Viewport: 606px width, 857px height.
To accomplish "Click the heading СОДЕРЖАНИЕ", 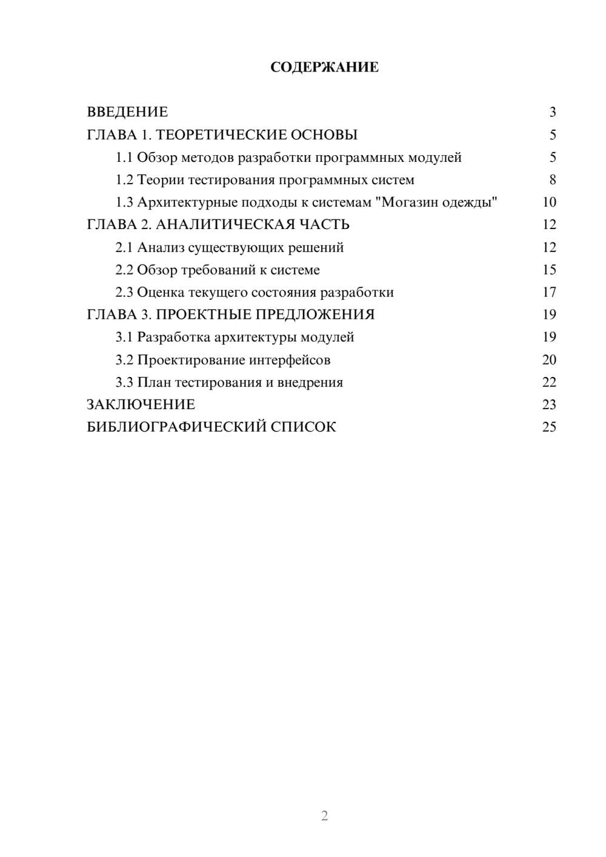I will pyautogui.click(x=324, y=67).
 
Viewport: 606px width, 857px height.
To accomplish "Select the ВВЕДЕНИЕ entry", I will pyautogui.click(x=127, y=112).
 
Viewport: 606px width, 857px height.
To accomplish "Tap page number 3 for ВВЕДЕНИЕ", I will pyautogui.click(x=552, y=112).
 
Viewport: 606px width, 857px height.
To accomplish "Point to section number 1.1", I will pyautogui.click(x=124, y=158).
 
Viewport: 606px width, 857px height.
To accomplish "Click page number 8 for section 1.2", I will pyautogui.click(x=552, y=180).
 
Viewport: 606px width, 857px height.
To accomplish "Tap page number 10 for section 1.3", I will pyautogui.click(x=549, y=202).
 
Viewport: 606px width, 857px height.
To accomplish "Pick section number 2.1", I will pyautogui.click(x=124, y=247).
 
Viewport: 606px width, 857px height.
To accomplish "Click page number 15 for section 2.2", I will pyautogui.click(x=549, y=270).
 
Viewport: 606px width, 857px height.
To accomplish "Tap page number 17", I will pyautogui.click(x=549, y=293).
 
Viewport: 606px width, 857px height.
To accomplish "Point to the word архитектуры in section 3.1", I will pyautogui.click(x=256, y=337).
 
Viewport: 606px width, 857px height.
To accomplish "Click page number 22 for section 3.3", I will pyautogui.click(x=549, y=382).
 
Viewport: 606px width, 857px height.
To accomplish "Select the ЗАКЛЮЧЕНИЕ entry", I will pyautogui.click(x=141, y=404).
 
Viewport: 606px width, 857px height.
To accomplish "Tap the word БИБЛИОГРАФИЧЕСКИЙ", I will pyautogui.click(x=176, y=427).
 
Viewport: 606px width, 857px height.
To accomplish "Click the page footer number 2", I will pyautogui.click(x=324, y=816).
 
